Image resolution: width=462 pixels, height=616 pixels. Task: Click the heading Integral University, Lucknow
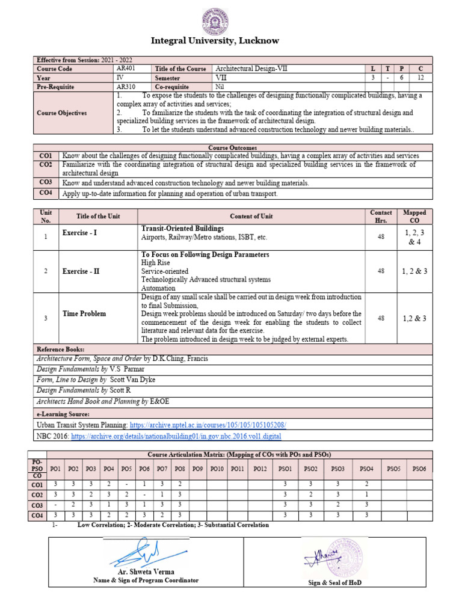pyautogui.click(x=231, y=40)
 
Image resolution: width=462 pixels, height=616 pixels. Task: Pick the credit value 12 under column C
pyautogui.click(x=420, y=78)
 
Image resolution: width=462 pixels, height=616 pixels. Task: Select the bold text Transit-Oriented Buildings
pyautogui.click(x=182, y=229)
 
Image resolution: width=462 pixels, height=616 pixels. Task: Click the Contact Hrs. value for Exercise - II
pyautogui.click(x=381, y=271)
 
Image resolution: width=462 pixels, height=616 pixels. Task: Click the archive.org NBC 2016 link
pyautogui.click(x=176, y=436)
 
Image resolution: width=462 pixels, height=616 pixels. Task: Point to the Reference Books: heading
pyautogui.click(x=61, y=350)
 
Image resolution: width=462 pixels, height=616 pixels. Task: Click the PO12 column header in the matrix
pyautogui.click(x=260, y=469)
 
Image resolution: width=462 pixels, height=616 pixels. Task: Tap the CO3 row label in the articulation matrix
pyautogui.click(x=37, y=505)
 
